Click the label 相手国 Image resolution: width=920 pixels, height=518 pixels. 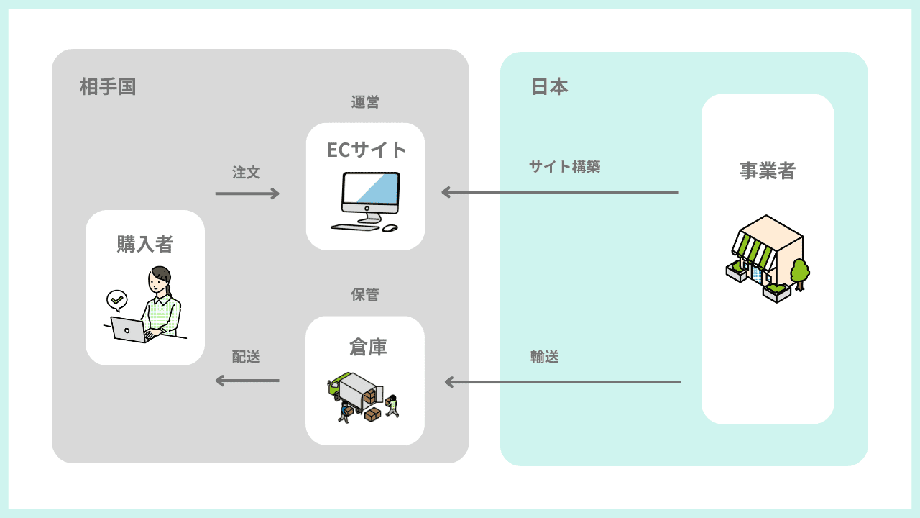(108, 87)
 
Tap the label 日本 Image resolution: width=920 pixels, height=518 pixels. (550, 87)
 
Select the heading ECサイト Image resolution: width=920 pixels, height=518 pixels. (366, 149)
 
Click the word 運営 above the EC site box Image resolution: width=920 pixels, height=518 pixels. (365, 102)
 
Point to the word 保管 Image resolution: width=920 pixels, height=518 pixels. (365, 294)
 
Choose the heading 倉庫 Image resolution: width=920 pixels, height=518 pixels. (368, 347)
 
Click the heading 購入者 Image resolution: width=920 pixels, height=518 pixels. (145, 244)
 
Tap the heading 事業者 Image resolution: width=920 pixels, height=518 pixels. (768, 171)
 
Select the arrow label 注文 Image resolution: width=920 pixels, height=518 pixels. (246, 173)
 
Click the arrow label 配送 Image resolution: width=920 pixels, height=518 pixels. (246, 357)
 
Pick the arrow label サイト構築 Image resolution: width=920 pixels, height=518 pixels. (564, 167)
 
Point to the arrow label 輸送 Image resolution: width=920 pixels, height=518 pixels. (545, 357)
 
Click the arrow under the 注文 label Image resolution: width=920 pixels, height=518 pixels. (247, 193)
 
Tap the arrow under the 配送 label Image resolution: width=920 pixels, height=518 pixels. (247, 381)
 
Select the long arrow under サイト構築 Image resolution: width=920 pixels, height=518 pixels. (560, 192)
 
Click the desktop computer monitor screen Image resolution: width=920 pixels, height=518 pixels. (370, 191)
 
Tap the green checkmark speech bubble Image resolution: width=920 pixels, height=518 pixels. (116, 298)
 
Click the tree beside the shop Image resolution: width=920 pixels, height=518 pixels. (799, 273)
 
